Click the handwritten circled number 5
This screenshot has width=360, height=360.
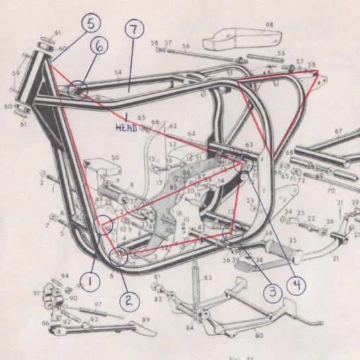pyautogui.click(x=92, y=23)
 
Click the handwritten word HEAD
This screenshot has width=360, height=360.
pyautogui.click(x=126, y=126)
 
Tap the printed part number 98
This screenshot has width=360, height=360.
pyautogui.click(x=269, y=25)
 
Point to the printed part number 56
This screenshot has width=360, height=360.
pyautogui.click(x=185, y=46)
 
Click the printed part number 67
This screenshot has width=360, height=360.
pyautogui.click(x=338, y=131)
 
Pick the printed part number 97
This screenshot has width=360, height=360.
pyautogui.click(x=97, y=305)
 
